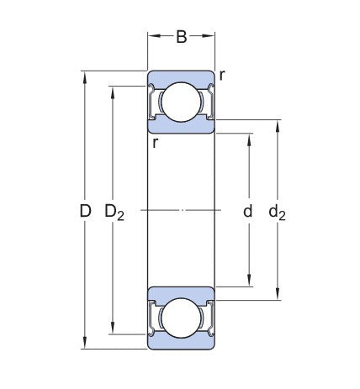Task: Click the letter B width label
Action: coord(182,37)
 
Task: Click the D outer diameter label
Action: coord(85,211)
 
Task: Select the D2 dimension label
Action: coord(114,213)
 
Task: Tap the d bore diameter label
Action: coord(248,211)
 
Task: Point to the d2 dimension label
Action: coord(277,213)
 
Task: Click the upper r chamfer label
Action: coord(222,76)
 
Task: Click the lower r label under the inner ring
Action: coord(156,143)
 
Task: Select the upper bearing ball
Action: coord(182,102)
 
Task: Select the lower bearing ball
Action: coord(182,318)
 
